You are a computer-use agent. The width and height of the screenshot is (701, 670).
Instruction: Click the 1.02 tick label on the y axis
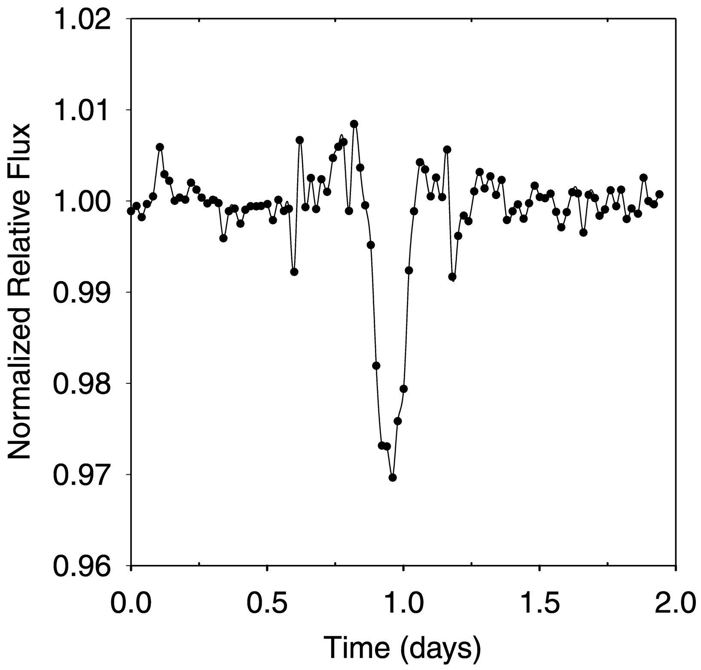pyautogui.click(x=86, y=20)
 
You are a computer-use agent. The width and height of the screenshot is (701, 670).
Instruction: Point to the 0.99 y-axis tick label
pyautogui.click(x=86, y=293)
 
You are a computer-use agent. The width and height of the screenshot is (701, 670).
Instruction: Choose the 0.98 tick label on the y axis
pyautogui.click(x=86, y=384)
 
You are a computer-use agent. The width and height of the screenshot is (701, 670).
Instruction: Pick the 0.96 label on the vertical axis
pyautogui.click(x=86, y=566)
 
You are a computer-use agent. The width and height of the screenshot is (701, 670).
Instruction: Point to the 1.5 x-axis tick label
pyautogui.click(x=539, y=603)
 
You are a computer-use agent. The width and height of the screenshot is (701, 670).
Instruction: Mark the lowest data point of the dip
pyautogui.click(x=393, y=477)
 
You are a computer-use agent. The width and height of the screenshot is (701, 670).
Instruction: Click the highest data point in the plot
pyautogui.click(x=354, y=124)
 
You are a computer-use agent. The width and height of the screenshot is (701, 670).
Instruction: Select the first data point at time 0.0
pyautogui.click(x=131, y=211)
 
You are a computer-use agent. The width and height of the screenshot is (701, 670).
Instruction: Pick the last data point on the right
pyautogui.click(x=659, y=194)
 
